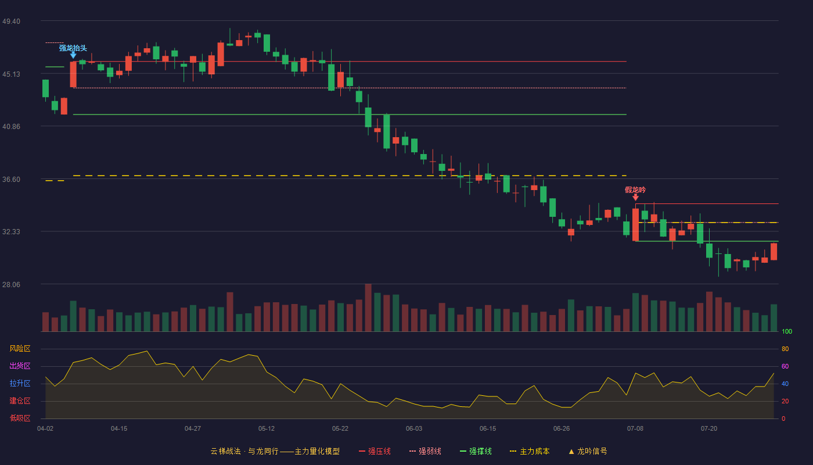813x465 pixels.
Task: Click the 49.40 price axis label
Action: click(11, 22)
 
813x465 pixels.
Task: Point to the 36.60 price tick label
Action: click(11, 180)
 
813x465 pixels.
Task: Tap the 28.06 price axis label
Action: click(11, 284)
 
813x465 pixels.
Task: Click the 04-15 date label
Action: click(119, 429)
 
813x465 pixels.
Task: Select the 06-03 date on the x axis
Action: click(414, 429)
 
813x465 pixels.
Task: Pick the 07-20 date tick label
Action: click(709, 429)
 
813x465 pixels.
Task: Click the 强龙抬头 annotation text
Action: click(73, 48)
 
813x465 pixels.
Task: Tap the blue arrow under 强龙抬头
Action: click(73, 55)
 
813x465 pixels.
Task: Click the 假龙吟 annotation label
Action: click(635, 190)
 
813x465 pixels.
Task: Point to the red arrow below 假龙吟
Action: click(635, 197)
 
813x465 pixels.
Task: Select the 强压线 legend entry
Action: click(375, 451)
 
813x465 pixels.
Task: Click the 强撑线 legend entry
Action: click(476, 451)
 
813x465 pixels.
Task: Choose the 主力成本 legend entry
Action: click(530, 451)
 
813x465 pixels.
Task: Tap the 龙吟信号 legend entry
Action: click(588, 451)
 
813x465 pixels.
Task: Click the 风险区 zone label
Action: click(20, 349)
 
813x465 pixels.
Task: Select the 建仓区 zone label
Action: click(20, 401)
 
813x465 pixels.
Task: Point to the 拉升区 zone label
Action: click(20, 384)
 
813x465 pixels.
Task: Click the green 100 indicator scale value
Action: click(787, 331)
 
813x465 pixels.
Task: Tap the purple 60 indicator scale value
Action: click(785, 366)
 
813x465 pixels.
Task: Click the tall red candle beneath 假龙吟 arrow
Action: click(635, 224)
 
